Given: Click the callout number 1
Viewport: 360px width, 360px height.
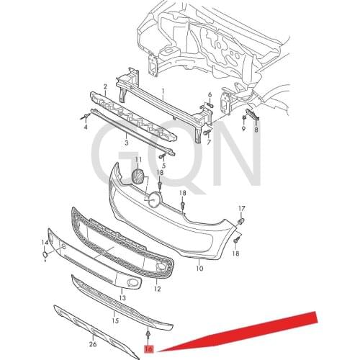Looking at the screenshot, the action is tap(163, 91).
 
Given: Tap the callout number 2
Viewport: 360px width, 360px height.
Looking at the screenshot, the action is tap(105, 86).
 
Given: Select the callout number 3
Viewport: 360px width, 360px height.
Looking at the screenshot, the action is tap(127, 143).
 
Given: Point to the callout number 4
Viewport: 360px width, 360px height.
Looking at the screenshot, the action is tap(86, 127).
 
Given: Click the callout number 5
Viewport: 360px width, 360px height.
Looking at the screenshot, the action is tap(163, 166).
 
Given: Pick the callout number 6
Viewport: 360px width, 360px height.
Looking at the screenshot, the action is tap(210, 95).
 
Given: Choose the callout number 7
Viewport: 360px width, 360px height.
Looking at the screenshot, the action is tap(209, 143).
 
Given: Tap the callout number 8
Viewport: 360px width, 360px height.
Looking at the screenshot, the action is tap(256, 130).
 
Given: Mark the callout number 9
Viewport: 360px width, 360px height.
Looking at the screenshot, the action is tap(243, 129).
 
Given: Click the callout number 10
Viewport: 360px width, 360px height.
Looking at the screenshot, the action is tap(199, 268).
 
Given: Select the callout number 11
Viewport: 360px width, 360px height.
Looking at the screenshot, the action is tap(138, 160).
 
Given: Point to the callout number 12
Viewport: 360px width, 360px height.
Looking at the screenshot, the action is tap(157, 289).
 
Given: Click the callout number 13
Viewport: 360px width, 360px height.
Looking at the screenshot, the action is tap(122, 298).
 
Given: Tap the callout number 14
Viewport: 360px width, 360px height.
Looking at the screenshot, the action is tap(45, 243).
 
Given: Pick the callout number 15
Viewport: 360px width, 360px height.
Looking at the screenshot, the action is tap(115, 320).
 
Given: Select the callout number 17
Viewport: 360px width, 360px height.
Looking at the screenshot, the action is tap(242, 209).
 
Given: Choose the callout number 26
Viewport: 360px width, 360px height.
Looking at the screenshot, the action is tap(93, 344).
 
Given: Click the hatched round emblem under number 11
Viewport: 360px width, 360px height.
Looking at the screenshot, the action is tap(138, 178).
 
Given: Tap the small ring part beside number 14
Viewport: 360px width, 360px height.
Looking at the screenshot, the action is tap(45, 255).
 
